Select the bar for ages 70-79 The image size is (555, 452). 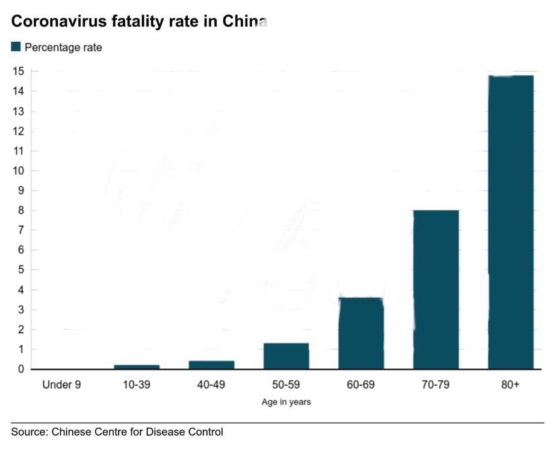tap(436, 289)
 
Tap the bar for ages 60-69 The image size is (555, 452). tap(361, 333)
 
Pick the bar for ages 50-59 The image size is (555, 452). tap(286, 356)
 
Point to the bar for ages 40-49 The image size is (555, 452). tap(211, 365)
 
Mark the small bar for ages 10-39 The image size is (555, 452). tap(137, 366)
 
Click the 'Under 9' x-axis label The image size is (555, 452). tap(61, 385)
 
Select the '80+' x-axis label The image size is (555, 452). tap(510, 385)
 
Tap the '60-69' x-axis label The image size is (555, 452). tap(361, 385)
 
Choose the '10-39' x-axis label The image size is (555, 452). tap(137, 385)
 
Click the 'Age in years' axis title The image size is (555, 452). tap(286, 402)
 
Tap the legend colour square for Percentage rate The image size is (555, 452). tap(16, 46)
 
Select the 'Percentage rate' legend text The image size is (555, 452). tap(63, 47)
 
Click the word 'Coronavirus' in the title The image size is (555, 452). tap(54, 22)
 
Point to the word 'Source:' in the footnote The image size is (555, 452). tap(29, 432)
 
